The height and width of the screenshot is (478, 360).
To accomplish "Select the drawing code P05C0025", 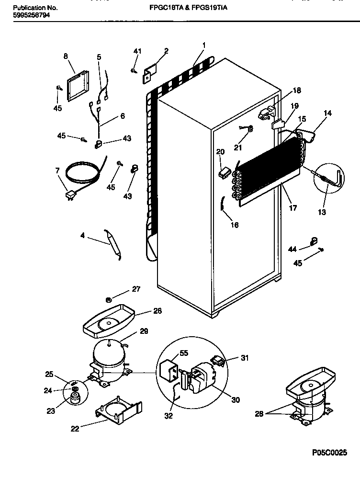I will pos(329,453).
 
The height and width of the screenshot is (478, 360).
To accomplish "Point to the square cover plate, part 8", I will pos(78,87).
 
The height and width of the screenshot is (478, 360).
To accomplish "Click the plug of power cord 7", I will pos(71,195).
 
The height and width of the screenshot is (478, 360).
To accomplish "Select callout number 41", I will pos(137,51).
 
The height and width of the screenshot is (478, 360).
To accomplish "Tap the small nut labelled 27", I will pos(109,300).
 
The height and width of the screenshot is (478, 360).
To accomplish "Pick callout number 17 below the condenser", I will pos(292,208).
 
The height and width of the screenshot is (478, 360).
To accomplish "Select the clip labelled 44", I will pos(314,241).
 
